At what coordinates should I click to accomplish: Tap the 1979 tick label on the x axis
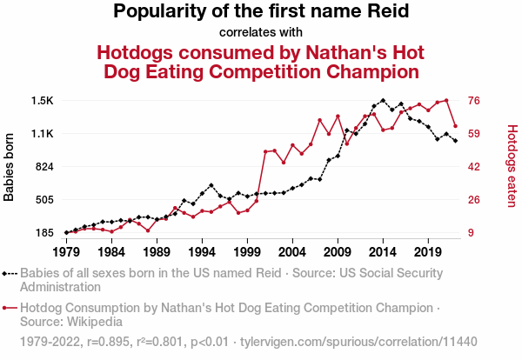[x=66, y=252]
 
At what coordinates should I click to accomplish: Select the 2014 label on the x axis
[x=383, y=252]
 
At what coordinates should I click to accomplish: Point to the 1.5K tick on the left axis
[x=42, y=101]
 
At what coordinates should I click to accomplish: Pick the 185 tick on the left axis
[x=43, y=233]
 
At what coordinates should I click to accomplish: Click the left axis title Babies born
[x=10, y=167]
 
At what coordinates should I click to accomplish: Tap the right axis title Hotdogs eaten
[x=512, y=167]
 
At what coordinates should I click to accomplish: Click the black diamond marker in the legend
[x=7, y=273]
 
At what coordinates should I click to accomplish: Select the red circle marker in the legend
[x=7, y=307]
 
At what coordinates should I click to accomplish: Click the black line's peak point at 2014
[x=383, y=101]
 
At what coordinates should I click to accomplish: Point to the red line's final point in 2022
[x=455, y=127]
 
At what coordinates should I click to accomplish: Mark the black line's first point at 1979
[x=66, y=233]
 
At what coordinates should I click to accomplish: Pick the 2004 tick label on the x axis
[x=292, y=252]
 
